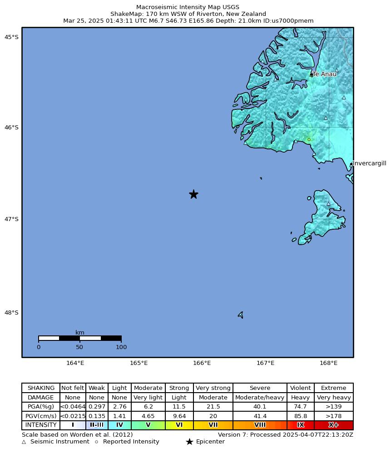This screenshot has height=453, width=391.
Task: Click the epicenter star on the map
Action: tap(193, 194)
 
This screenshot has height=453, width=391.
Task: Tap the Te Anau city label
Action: tap(324, 74)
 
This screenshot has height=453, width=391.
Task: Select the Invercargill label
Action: tap(369, 163)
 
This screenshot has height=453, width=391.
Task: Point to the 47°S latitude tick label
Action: tap(11, 219)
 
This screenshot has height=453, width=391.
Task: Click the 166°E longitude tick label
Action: tap(202, 363)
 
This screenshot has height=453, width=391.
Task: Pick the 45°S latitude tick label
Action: tap(11, 37)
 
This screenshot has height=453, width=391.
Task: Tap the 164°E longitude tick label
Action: tap(75, 363)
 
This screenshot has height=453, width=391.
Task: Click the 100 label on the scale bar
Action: tap(121, 347)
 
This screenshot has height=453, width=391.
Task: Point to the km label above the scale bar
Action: tap(80, 333)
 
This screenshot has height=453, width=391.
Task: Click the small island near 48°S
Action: tap(241, 315)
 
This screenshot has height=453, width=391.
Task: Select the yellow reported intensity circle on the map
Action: tap(309, 139)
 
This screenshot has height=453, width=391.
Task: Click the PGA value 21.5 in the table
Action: tap(213, 407)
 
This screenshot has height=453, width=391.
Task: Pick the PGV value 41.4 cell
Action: tap(260, 416)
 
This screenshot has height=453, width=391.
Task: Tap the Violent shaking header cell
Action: tap(300, 388)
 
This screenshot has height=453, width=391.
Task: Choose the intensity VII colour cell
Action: tap(213, 425)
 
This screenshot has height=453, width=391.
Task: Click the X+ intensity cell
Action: tap(333, 425)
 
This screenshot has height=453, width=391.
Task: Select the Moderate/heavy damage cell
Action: tap(260, 397)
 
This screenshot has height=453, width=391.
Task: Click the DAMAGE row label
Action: tap(41, 397)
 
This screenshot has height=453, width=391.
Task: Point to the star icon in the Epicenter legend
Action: tap(189, 442)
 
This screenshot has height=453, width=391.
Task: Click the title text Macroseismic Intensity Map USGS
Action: tap(188, 7)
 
